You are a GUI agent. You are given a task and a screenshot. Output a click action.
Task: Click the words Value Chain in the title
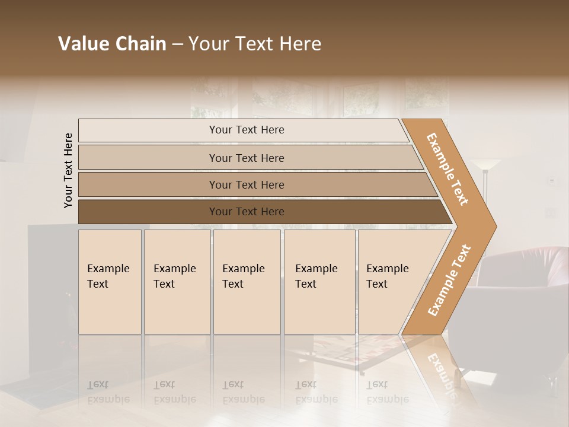[x=112, y=44]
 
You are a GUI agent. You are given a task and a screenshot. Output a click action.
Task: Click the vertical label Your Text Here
[x=68, y=170]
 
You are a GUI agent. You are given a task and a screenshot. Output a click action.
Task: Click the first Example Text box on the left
[x=110, y=282]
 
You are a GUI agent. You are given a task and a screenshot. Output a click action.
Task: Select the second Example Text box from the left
[x=177, y=282]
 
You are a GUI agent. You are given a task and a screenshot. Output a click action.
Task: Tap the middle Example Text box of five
[x=247, y=282]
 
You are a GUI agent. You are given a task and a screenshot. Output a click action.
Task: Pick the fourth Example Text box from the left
[x=319, y=282]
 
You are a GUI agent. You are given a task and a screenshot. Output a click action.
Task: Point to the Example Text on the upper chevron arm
[x=448, y=169]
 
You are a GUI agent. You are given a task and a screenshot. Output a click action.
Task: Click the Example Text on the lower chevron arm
[x=449, y=280]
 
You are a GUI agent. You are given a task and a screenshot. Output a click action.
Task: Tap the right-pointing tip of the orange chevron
[x=493, y=226]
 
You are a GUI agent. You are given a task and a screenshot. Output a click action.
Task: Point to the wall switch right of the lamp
[x=551, y=180]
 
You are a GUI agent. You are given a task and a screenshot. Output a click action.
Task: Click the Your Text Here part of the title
[x=255, y=44]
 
